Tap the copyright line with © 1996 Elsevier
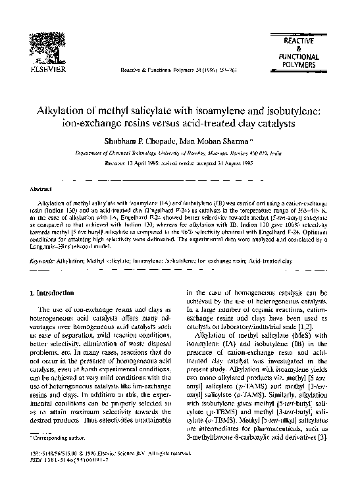(105, 472)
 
